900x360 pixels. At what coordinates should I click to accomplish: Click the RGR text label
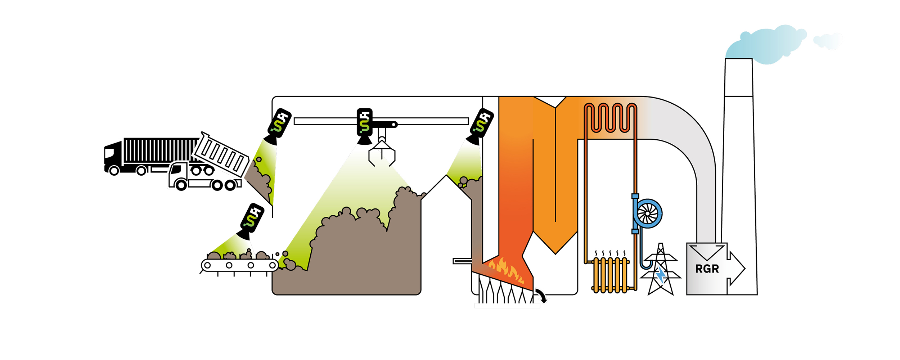[x=707, y=269]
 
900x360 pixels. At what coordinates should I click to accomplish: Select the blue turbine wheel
[x=648, y=213]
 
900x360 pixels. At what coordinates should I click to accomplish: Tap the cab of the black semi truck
[x=112, y=155]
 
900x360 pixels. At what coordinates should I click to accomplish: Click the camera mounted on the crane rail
[x=364, y=124]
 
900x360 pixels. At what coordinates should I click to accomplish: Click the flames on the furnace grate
[x=506, y=269]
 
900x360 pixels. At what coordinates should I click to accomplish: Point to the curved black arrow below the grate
[x=541, y=295]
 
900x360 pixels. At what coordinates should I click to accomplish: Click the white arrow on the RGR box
[x=737, y=269]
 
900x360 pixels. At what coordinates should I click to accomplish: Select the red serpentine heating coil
[x=610, y=118]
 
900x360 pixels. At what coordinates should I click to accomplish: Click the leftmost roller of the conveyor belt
[x=208, y=266]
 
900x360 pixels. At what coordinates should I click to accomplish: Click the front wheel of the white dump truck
[x=181, y=185]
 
